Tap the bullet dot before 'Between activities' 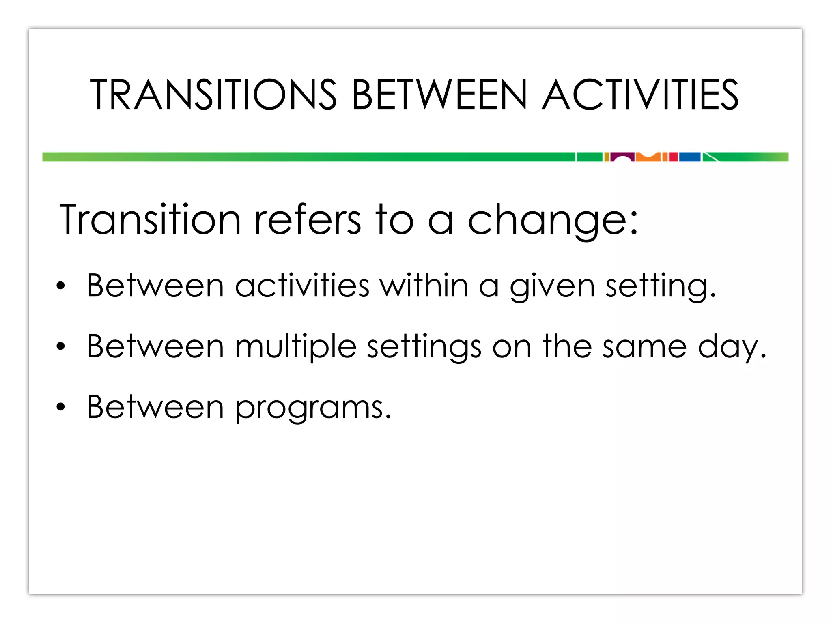61,286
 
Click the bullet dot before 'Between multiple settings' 61,346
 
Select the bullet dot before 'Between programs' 61,407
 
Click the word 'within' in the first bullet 424,286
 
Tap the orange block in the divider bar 648,158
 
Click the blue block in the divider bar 690,157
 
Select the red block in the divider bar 673,157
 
